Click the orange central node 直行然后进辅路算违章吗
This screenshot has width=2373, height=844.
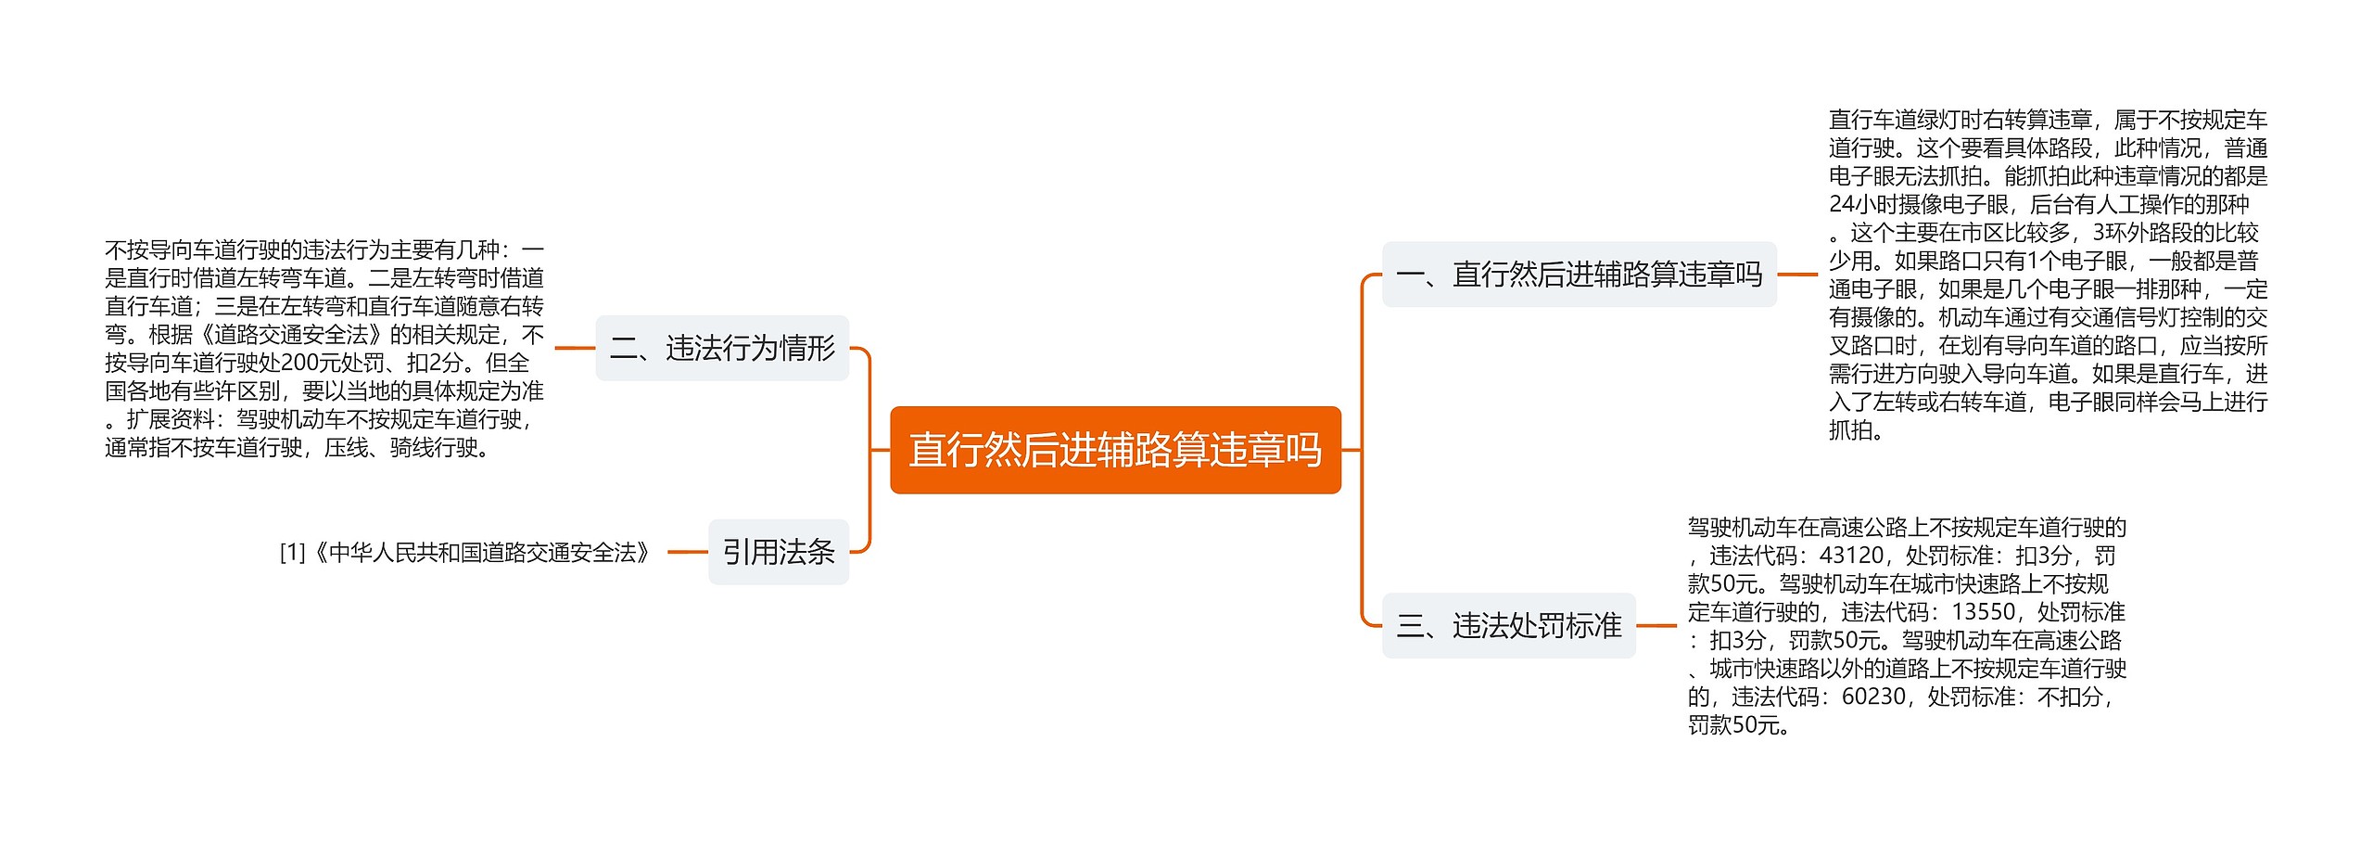click(x=1115, y=450)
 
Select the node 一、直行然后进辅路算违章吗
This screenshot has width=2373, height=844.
click(x=1579, y=275)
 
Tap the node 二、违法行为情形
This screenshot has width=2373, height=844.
click(x=722, y=349)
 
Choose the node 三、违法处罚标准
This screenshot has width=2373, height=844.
click(x=1508, y=626)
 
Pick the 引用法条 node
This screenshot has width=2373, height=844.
click(x=779, y=552)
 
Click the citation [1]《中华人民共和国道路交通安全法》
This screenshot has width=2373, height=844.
click(x=465, y=553)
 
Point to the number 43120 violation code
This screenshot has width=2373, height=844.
click(x=1851, y=556)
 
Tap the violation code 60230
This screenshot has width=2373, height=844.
click(x=1873, y=697)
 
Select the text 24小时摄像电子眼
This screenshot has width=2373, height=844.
click(x=1919, y=204)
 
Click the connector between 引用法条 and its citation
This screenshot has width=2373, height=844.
click(x=687, y=552)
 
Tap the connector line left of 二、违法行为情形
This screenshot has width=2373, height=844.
click(x=575, y=349)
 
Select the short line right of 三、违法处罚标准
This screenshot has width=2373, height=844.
click(x=1656, y=626)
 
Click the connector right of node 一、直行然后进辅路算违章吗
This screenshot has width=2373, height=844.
click(x=1797, y=275)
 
